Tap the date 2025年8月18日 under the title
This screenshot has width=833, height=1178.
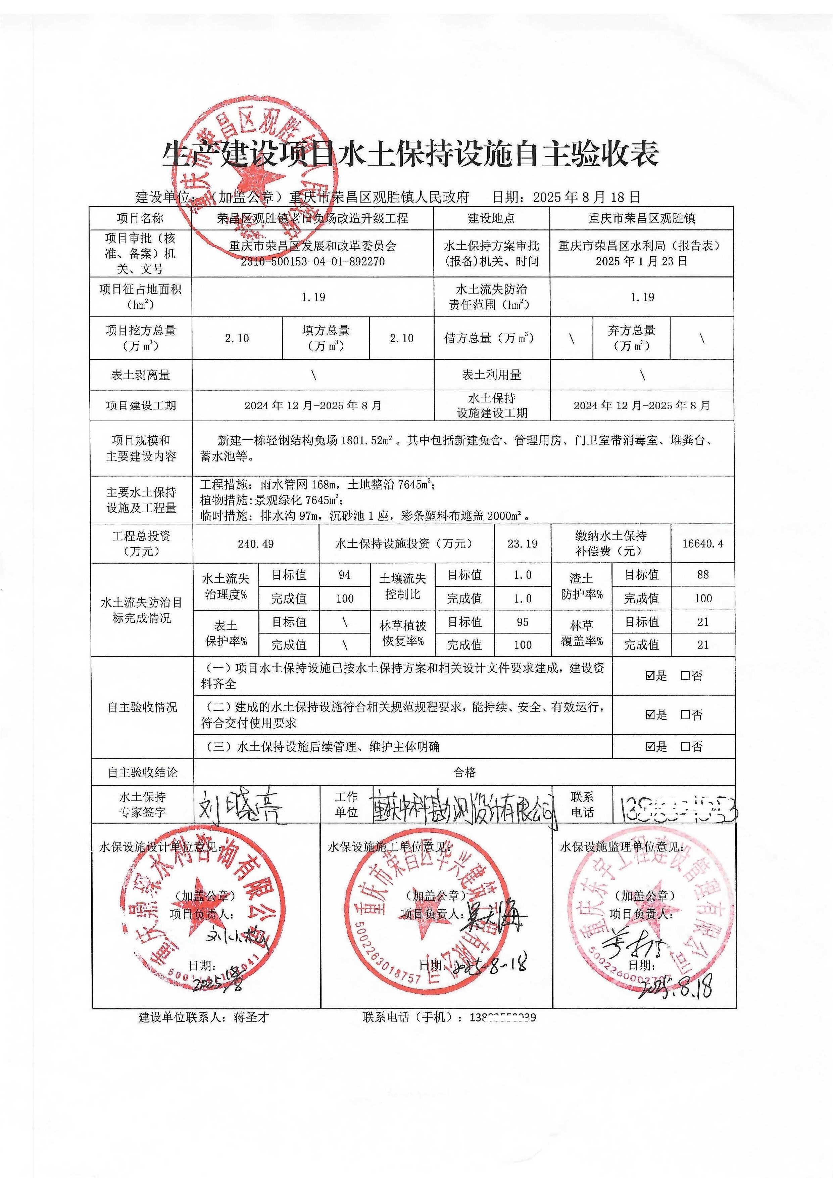coord(586,197)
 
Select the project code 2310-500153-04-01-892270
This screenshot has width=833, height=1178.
coord(313,261)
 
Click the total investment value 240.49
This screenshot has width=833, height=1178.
coord(255,543)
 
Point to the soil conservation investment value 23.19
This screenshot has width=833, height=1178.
coord(522,543)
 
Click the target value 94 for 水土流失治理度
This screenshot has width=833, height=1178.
coord(345,575)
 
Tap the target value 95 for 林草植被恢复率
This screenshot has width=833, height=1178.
coord(522,622)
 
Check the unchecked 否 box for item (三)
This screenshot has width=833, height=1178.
coord(685,747)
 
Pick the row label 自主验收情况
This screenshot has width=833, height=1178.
coord(142,707)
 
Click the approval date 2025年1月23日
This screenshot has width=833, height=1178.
coord(641,261)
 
